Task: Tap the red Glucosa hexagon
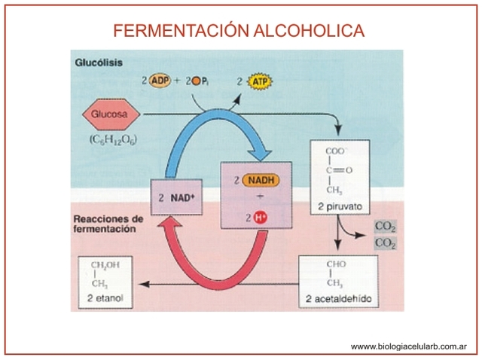click(x=110, y=115)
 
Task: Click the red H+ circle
click(x=260, y=218)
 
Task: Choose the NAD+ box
click(x=176, y=198)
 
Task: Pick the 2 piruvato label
click(x=340, y=206)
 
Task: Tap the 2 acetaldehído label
click(x=338, y=300)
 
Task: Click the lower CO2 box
click(x=385, y=243)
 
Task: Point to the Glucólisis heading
click(x=99, y=63)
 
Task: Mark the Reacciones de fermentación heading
click(x=108, y=224)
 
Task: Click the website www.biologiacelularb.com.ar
click(x=409, y=346)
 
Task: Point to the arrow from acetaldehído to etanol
click(x=218, y=285)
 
